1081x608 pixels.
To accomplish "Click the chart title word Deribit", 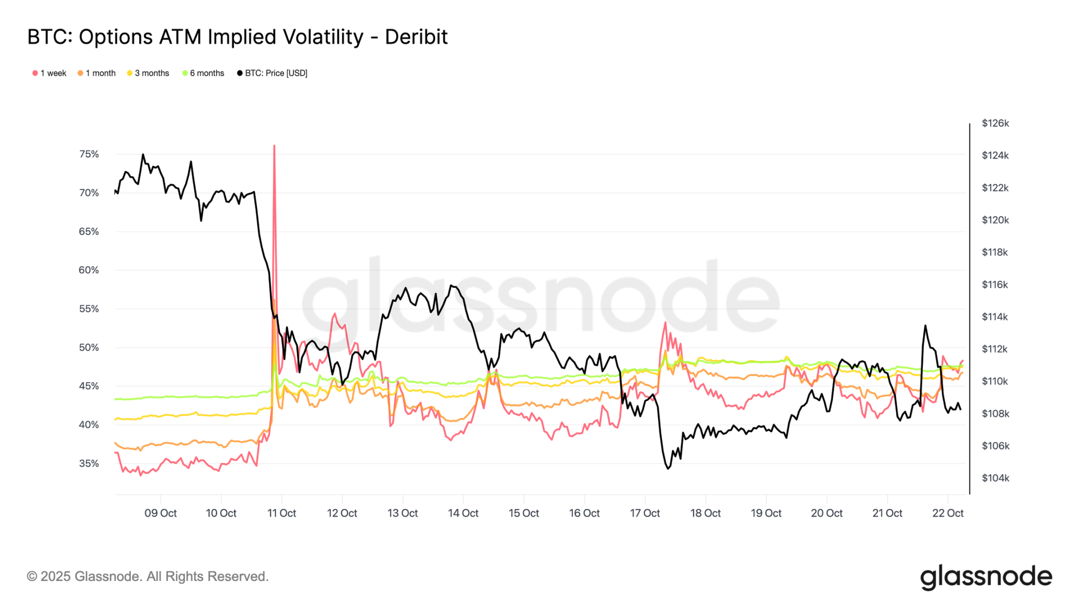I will (416, 37).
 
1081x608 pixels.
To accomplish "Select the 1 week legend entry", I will (50, 73).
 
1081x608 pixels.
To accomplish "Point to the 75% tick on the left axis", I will (89, 154).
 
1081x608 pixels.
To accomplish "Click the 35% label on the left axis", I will (89, 463).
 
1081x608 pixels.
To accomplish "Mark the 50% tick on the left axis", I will (89, 347).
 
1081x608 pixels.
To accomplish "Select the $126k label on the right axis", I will (995, 123).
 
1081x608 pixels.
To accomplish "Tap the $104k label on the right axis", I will (995, 478).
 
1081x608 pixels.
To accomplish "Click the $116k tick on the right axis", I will (995, 285).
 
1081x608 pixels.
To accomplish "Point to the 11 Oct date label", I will (282, 513).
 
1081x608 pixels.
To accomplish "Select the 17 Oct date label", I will (645, 513).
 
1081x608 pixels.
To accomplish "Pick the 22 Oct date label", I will (947, 513).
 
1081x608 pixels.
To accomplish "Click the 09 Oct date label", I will (161, 513).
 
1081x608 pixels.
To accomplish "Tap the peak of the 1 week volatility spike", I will (274, 146).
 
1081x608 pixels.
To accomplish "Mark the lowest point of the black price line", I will (669, 468).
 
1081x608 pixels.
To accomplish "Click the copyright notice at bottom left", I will (148, 576).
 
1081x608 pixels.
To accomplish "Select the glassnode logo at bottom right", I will (986, 577).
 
